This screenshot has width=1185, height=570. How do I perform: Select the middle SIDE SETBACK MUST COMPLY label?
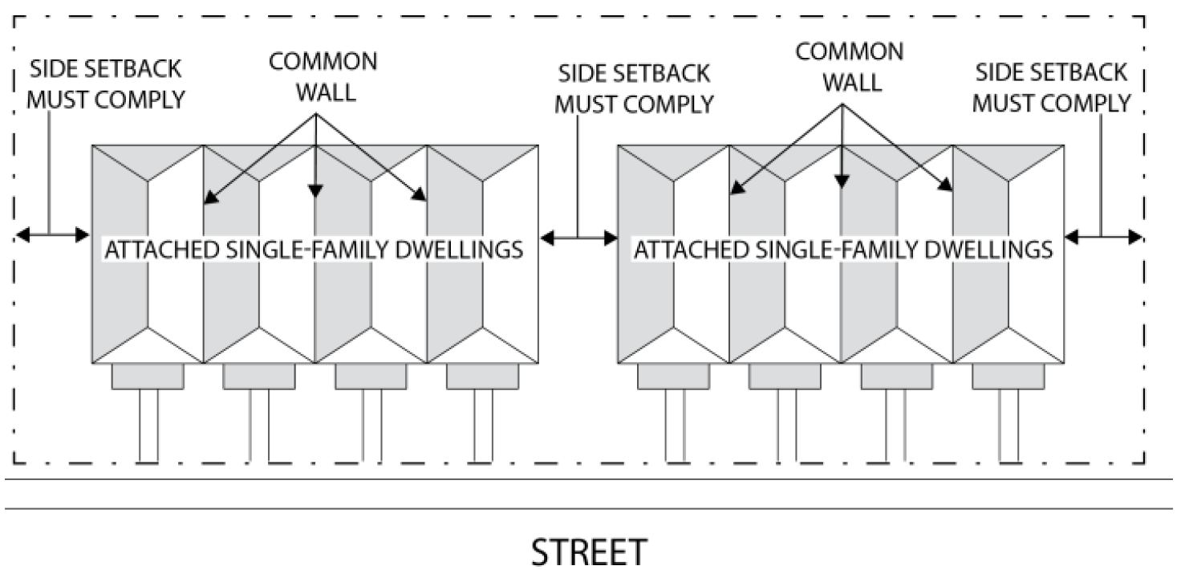click(x=635, y=88)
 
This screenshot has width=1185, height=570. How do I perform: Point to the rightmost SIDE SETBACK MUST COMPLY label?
click(x=1052, y=87)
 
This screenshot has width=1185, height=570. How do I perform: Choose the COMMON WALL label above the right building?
click(x=849, y=66)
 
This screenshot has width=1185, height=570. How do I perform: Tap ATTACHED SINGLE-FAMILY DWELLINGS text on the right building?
click(x=843, y=250)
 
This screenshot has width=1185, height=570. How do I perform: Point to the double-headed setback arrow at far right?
click(x=1104, y=236)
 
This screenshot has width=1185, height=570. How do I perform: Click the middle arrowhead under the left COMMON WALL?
click(x=315, y=190)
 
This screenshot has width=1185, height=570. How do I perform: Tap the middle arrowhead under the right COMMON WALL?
click(x=841, y=182)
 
